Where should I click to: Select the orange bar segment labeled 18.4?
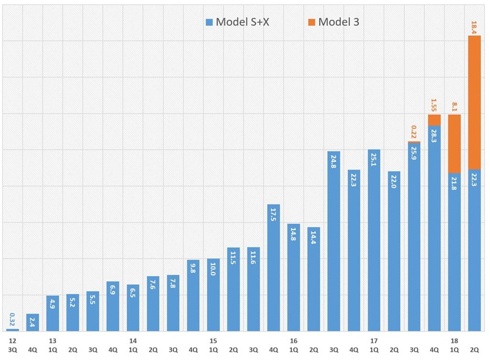pyautogui.click(x=474, y=103)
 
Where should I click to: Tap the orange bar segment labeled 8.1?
pyautogui.click(x=454, y=143)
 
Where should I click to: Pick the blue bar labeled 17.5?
pyautogui.click(x=273, y=268)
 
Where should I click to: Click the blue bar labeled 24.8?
pyautogui.click(x=334, y=241)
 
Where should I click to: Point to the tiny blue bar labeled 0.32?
pyautogui.click(x=12, y=330)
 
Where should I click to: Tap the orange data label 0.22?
pyautogui.click(x=414, y=132)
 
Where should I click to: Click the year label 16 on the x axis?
pyautogui.click(x=293, y=341)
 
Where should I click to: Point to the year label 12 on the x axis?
pyautogui.click(x=12, y=341)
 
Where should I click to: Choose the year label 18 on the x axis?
pyautogui.click(x=454, y=341)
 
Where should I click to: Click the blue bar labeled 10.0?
pyautogui.click(x=213, y=295)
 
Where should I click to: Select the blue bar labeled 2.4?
pyautogui.click(x=33, y=323)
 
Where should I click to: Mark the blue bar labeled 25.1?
pyautogui.click(x=374, y=240)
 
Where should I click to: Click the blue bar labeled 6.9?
pyautogui.click(x=113, y=306)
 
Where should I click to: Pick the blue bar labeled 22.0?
pyautogui.click(x=394, y=251)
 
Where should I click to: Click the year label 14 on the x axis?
pyautogui.click(x=133, y=341)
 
